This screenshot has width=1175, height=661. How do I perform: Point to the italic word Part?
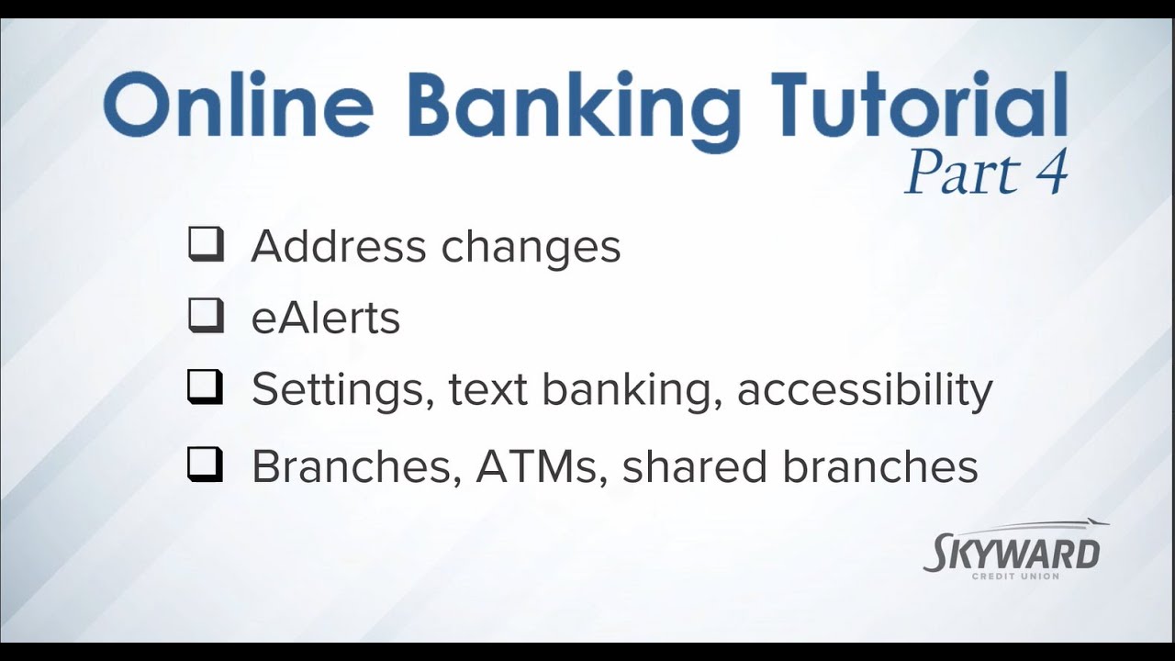(956, 173)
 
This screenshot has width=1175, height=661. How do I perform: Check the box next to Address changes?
(206, 245)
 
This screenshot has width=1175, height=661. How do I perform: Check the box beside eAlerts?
(206, 317)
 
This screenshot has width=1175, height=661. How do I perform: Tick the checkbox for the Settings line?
(206, 388)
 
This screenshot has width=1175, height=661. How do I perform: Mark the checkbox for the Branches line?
(206, 465)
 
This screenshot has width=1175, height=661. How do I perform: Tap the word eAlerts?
(326, 318)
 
